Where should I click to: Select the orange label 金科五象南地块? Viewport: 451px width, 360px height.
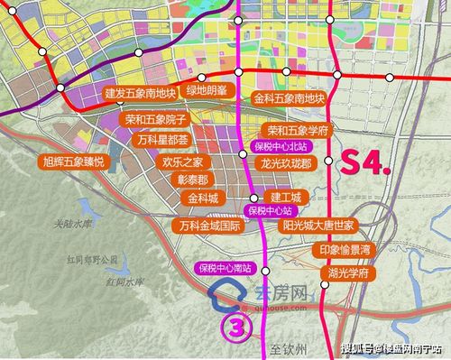[x=290, y=97]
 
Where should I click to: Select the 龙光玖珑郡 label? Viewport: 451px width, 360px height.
[x=286, y=163]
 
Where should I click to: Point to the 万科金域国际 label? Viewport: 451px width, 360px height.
[x=209, y=225]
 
